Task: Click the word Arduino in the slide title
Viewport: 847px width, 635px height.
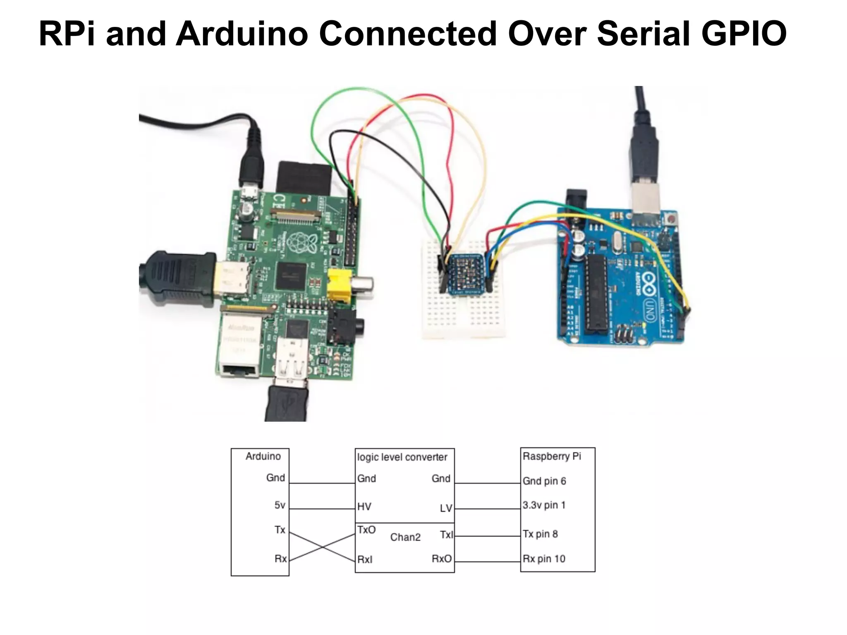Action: click(x=242, y=34)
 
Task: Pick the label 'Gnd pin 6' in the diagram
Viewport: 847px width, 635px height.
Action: click(x=544, y=481)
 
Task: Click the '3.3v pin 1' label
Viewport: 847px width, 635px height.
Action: click(x=543, y=505)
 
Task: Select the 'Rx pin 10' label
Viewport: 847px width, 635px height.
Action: click(x=543, y=559)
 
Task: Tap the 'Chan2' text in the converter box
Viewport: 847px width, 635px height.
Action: click(x=405, y=537)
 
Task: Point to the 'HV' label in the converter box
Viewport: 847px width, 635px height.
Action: click(x=364, y=507)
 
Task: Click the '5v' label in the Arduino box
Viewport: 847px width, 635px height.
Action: click(x=280, y=505)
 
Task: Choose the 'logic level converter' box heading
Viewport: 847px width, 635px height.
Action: click(x=402, y=457)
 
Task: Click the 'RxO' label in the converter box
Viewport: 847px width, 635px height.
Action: click(x=442, y=559)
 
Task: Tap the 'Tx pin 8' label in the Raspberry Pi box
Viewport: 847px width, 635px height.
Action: click(x=540, y=534)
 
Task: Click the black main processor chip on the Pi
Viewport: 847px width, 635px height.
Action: click(x=292, y=275)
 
